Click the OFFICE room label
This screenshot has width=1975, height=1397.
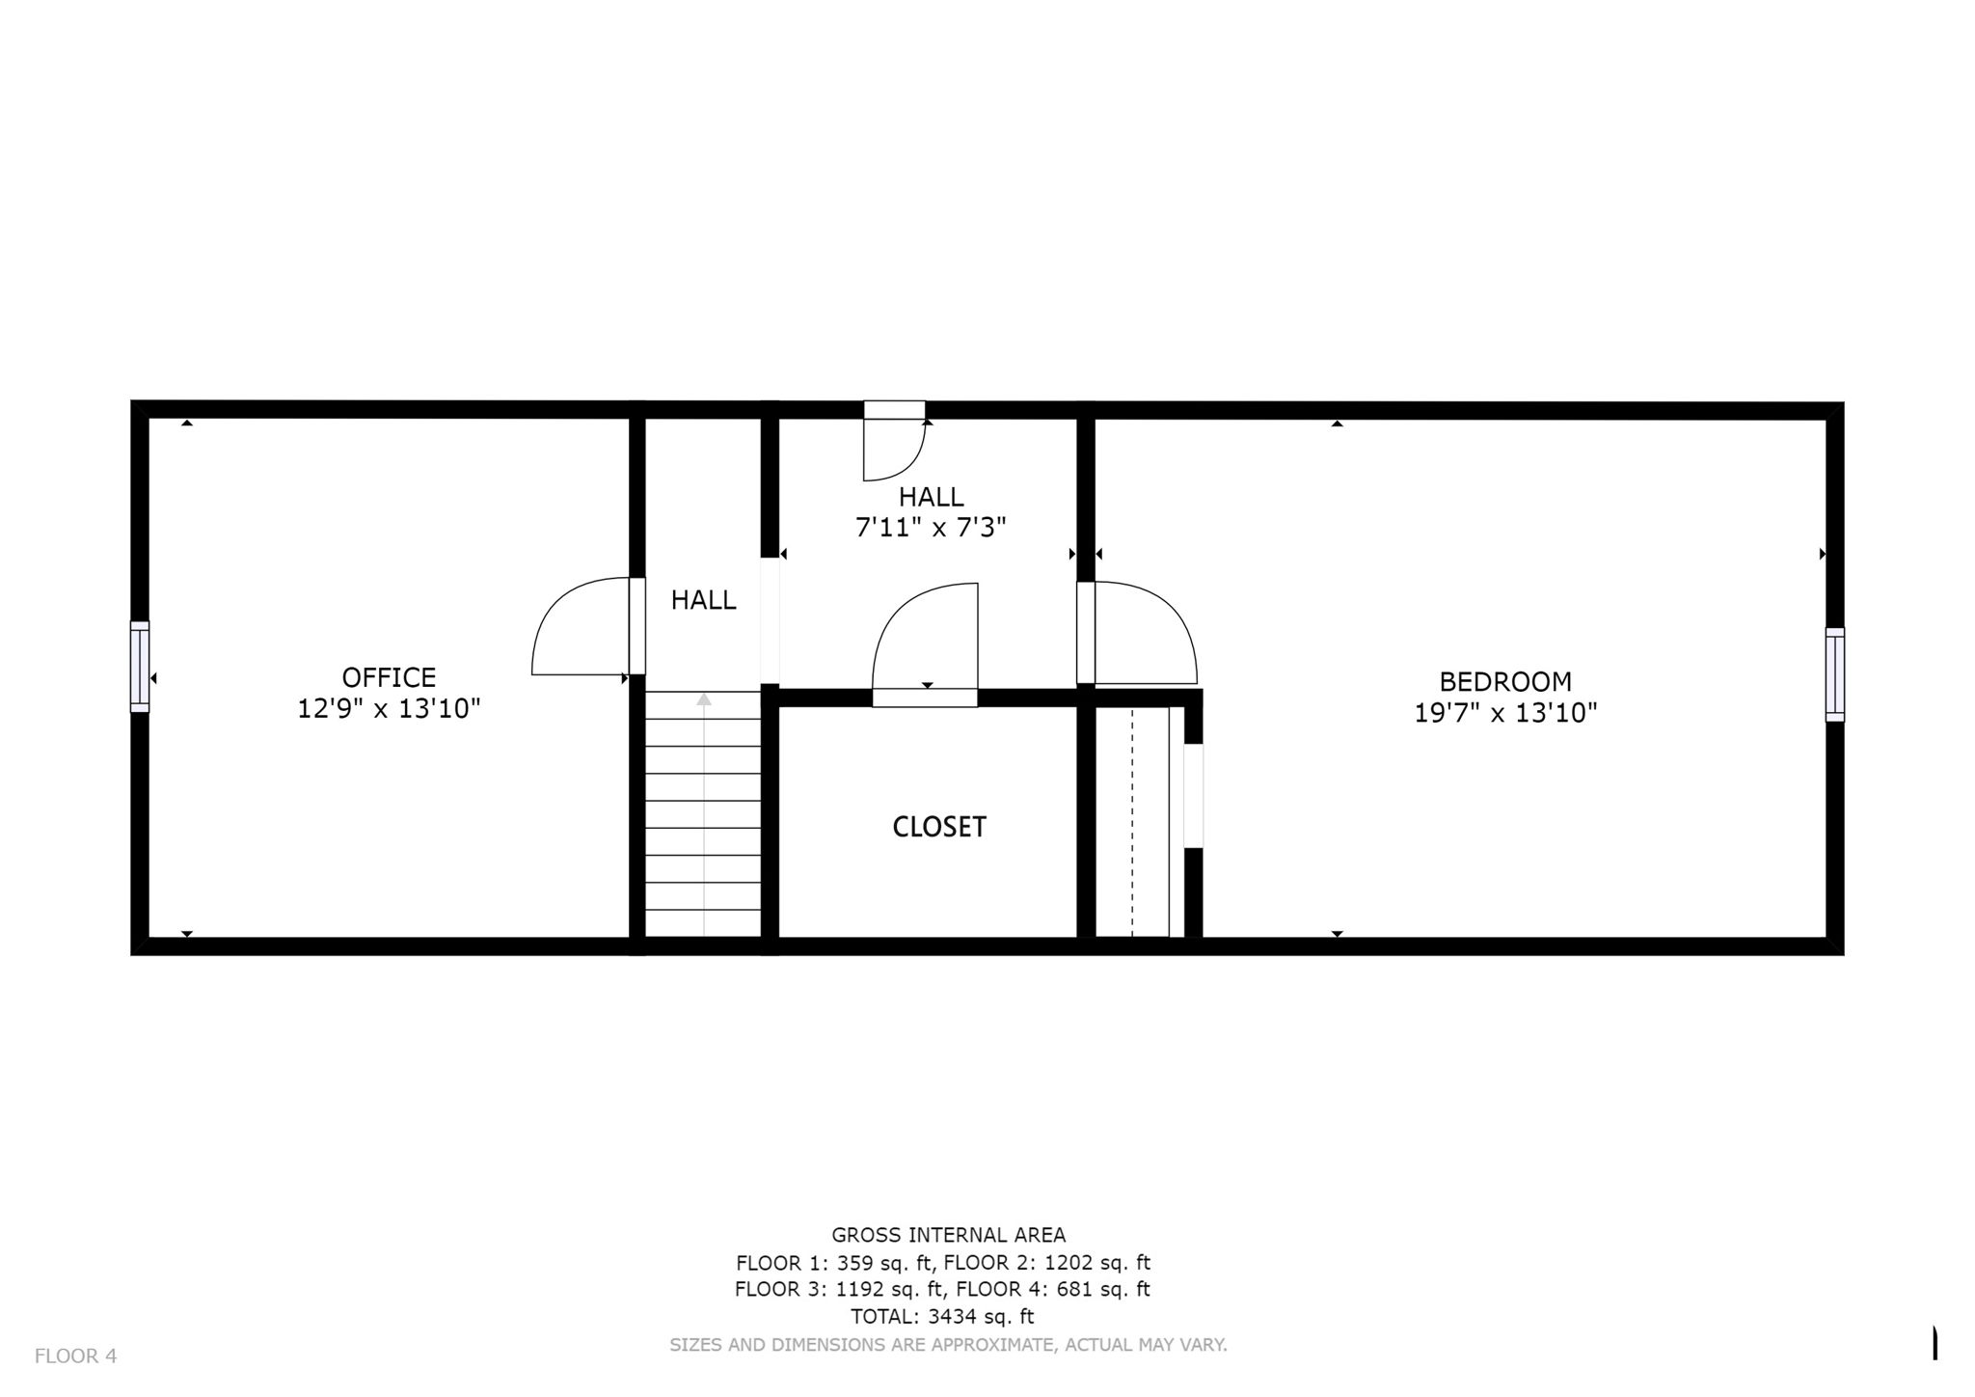pyautogui.click(x=389, y=677)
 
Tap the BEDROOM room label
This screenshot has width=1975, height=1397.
pyautogui.click(x=1504, y=682)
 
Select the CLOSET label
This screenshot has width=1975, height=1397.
pyautogui.click(x=938, y=827)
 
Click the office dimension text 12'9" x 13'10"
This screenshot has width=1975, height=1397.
pyautogui.click(x=389, y=709)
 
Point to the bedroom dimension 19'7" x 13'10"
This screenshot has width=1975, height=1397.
pyautogui.click(x=1504, y=714)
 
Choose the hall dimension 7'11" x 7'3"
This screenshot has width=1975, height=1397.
pyautogui.click(x=931, y=528)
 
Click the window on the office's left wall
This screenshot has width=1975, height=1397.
pyautogui.click(x=140, y=666)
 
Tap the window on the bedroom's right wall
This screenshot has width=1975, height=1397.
pyautogui.click(x=1834, y=674)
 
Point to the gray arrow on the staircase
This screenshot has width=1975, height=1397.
pyautogui.click(x=704, y=700)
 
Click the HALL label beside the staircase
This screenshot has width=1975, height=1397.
pyautogui.click(x=703, y=600)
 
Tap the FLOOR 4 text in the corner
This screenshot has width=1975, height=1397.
pyautogui.click(x=75, y=1356)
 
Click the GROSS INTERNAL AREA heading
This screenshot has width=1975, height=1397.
pyautogui.click(x=948, y=1235)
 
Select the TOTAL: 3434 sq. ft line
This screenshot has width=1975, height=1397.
pyautogui.click(x=941, y=1316)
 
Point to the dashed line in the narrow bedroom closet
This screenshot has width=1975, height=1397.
pyautogui.click(x=1132, y=820)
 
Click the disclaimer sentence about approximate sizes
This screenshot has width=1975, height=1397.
pyautogui.click(x=948, y=1344)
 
